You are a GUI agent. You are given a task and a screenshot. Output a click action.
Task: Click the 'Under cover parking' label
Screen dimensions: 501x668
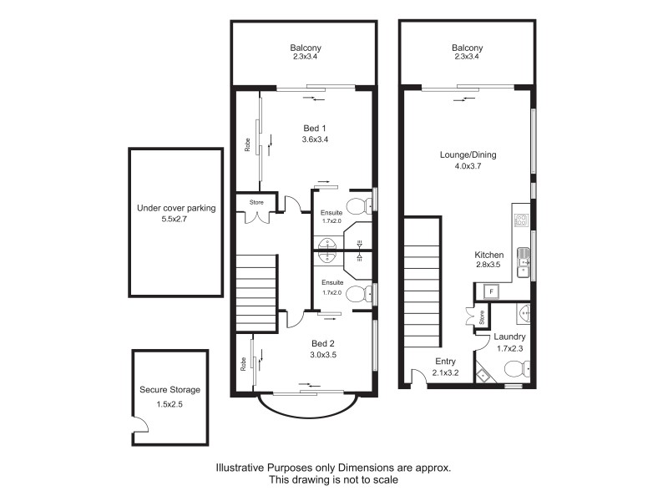(175, 210)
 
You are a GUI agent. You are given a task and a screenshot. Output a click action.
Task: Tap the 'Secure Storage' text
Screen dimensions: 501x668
(170, 390)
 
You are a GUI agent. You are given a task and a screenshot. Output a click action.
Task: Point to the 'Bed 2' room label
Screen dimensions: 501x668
(323, 343)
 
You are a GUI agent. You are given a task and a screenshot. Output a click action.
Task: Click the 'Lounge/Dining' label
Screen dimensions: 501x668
(467, 154)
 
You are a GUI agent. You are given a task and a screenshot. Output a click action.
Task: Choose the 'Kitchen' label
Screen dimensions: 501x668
(488, 255)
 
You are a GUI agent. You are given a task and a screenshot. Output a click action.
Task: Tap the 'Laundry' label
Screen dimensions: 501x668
(509, 337)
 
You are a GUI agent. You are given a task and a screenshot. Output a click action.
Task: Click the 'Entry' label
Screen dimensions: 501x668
(444, 362)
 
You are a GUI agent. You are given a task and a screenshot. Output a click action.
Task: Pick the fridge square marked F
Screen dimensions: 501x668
(491, 291)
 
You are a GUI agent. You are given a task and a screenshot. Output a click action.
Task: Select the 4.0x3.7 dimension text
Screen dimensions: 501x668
(467, 166)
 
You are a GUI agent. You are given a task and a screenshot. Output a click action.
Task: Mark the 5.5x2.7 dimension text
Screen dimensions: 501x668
(175, 221)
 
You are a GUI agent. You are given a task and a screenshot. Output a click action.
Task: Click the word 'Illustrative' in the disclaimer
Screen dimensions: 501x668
(242, 468)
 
